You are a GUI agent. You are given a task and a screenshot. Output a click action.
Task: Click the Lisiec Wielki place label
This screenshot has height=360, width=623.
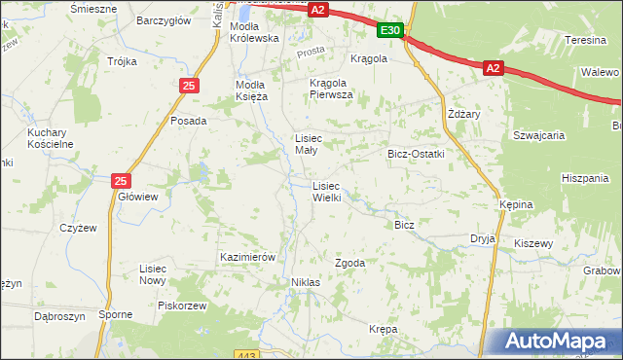(326, 192)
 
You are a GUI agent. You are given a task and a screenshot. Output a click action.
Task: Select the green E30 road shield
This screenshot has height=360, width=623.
(390, 31)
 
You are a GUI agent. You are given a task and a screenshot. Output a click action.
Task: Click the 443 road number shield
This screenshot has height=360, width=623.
(247, 354)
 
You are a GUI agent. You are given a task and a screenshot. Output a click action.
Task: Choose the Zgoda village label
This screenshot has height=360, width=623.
(350, 264)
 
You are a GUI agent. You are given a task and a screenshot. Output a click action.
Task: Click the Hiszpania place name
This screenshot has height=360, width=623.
(585, 178)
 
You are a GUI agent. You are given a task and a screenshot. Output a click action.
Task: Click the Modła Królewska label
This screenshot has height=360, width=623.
(254, 32)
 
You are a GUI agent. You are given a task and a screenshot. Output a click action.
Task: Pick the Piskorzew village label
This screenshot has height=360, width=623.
(182, 305)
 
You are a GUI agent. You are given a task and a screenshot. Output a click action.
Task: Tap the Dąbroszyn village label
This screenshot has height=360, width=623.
(60, 316)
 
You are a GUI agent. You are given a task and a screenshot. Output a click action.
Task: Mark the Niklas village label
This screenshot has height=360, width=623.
(306, 282)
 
